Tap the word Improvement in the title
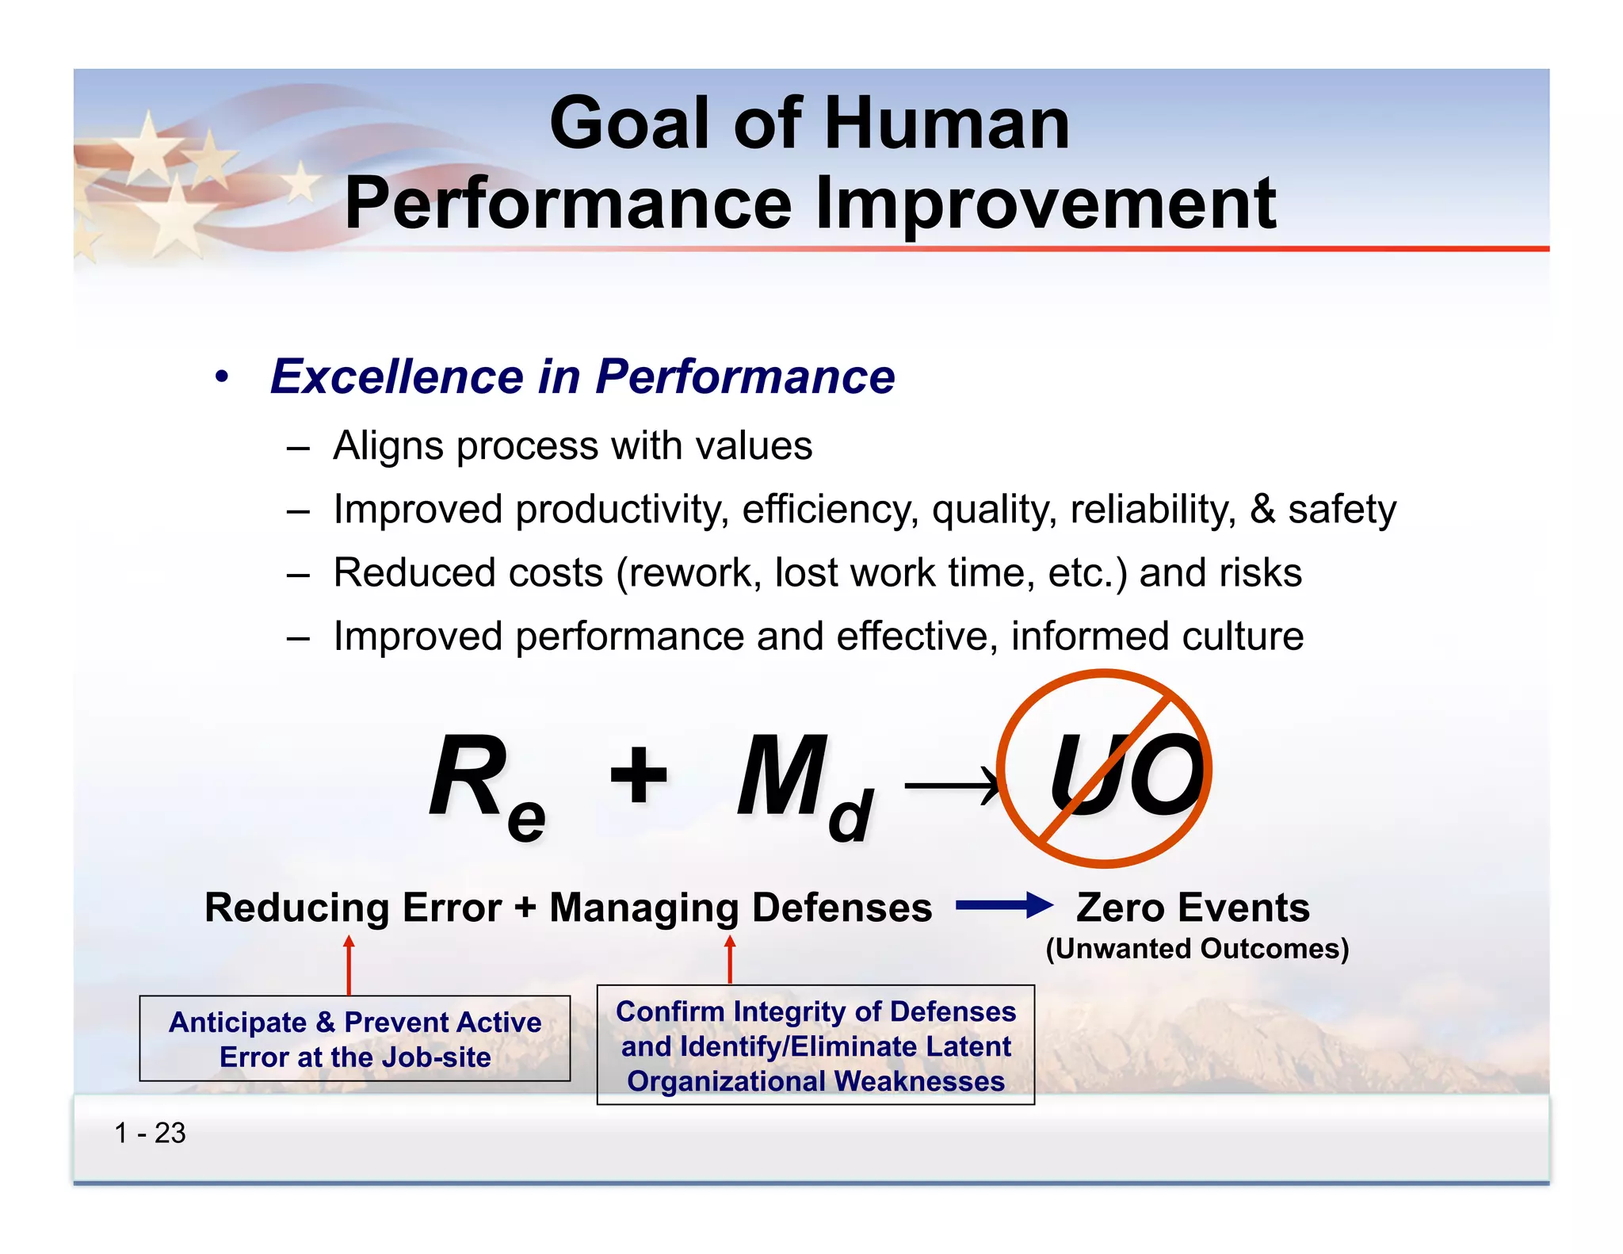pos(1045,204)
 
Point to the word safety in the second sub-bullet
pos(1342,509)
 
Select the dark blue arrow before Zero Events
pos(1003,905)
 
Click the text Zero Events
pos(1193,907)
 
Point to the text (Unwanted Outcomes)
pos(1197,949)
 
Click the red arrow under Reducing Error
pos(349,965)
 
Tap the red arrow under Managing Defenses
pos(730,960)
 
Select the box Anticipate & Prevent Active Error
pos(355,1038)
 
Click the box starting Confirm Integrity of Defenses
pos(815,1045)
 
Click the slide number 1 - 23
pos(150,1133)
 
